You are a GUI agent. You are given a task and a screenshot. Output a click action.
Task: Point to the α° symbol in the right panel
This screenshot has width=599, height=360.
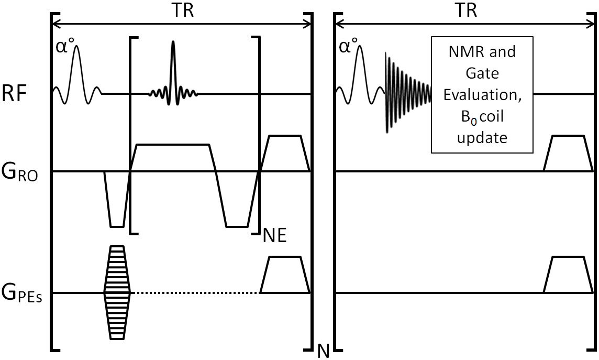point(347,48)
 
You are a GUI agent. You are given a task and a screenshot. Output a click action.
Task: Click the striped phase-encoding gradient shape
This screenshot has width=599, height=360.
point(117,292)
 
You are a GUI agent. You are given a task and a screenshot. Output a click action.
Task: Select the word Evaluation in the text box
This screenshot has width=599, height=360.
point(481,96)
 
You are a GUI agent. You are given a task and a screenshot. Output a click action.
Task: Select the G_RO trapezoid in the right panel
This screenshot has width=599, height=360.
point(568,153)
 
